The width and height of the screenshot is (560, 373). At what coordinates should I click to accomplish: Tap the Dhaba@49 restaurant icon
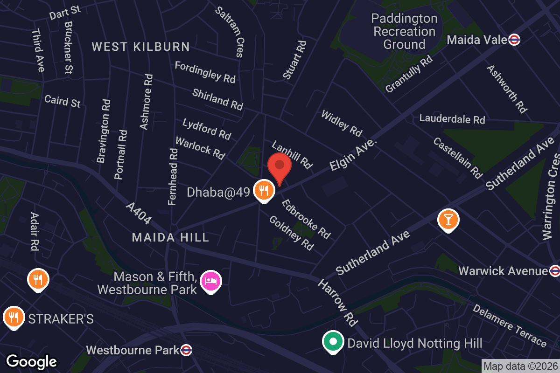(x=264, y=190)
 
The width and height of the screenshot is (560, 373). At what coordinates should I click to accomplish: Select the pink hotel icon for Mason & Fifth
(x=211, y=281)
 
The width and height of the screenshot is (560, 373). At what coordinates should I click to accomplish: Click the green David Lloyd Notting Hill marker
(x=333, y=341)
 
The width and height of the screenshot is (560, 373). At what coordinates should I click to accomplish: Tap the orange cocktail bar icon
(x=448, y=220)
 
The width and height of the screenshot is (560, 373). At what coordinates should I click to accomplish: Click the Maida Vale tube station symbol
(x=515, y=40)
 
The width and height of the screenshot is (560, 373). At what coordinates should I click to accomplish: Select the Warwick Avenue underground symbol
(x=554, y=270)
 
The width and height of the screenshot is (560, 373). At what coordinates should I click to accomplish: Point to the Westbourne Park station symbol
(x=186, y=350)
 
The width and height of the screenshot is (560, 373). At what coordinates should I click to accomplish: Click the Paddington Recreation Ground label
(x=405, y=32)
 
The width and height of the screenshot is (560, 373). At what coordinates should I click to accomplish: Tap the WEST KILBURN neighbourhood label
(x=140, y=47)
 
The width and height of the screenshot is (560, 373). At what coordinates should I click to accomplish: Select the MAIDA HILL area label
(x=170, y=238)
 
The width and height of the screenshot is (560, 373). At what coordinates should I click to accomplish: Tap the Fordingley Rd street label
(x=205, y=72)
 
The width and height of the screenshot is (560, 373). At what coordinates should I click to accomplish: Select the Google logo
(x=31, y=361)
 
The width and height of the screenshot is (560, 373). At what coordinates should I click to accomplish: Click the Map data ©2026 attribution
(x=520, y=366)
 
